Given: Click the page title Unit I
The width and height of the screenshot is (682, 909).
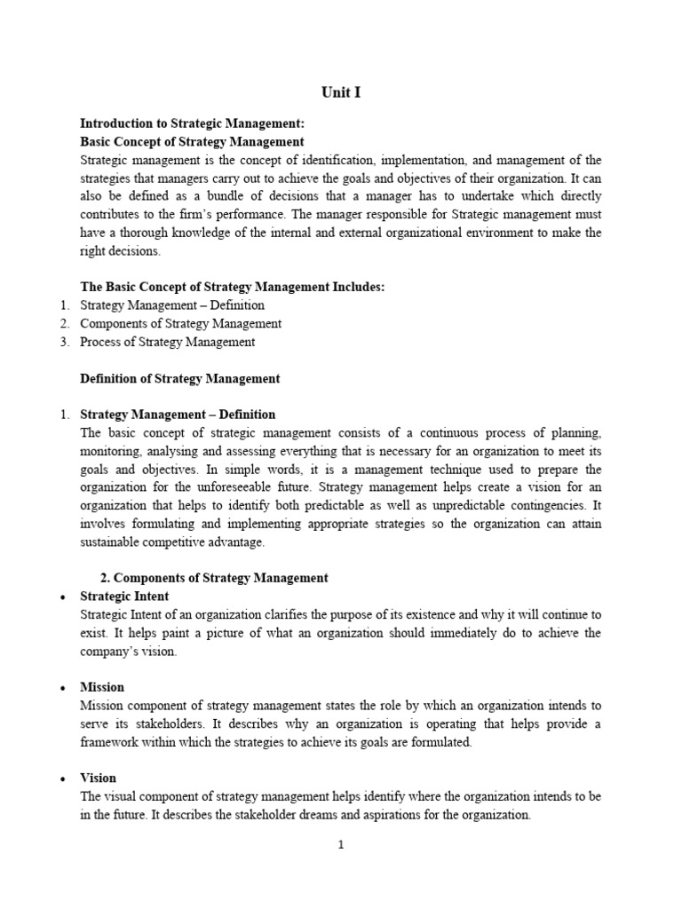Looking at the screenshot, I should tap(341, 92).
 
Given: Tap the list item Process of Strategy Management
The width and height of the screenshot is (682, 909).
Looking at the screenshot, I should tap(167, 342).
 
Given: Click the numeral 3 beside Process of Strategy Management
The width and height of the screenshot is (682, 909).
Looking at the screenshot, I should tap(64, 342).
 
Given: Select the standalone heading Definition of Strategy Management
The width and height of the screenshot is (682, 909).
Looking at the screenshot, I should tap(179, 378).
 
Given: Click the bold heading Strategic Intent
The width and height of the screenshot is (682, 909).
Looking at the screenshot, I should tap(124, 597).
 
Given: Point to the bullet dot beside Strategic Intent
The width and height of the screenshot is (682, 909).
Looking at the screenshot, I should tap(61, 597).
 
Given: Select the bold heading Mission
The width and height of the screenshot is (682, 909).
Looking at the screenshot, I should tap(102, 687).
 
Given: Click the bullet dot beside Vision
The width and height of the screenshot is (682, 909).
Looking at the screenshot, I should tap(61, 779).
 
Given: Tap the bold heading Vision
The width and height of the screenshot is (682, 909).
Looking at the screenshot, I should tap(98, 778).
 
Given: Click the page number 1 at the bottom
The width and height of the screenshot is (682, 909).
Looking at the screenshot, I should tap(340, 844).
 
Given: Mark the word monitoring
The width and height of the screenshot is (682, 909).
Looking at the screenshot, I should tap(110, 451).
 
